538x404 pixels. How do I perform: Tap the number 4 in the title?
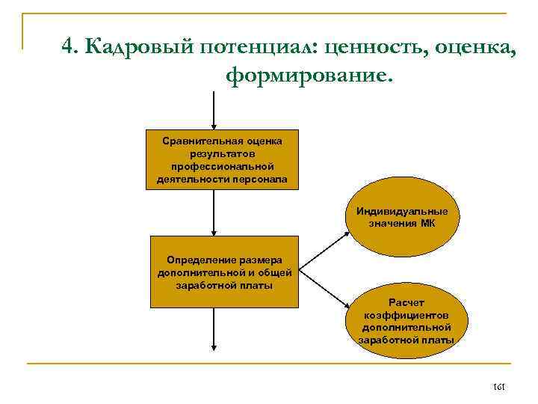tap(68, 46)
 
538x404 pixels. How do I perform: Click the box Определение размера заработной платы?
tap(224, 272)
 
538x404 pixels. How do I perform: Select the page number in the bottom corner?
tap(500, 387)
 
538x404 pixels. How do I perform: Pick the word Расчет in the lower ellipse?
tap(406, 302)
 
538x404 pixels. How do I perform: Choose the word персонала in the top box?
tap(259, 180)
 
